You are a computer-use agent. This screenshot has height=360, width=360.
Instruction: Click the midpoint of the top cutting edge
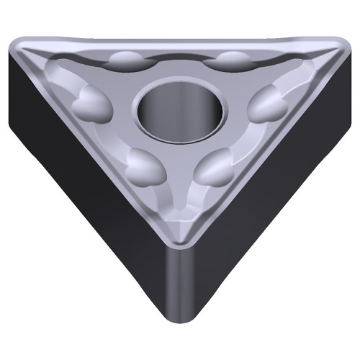pos(179,41)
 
